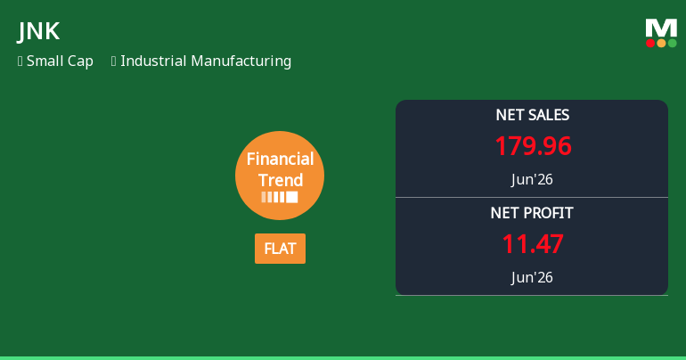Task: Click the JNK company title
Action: click(38, 31)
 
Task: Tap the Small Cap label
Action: click(60, 61)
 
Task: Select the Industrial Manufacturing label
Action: click(206, 61)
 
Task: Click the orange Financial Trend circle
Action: click(280, 176)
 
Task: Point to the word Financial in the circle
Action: click(280, 159)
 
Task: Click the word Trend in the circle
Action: click(281, 180)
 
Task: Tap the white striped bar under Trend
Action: click(280, 197)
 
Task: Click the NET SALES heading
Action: click(533, 115)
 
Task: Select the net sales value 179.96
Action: click(533, 146)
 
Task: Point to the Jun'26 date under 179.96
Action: click(532, 179)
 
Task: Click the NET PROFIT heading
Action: click(532, 213)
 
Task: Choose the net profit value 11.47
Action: click(533, 244)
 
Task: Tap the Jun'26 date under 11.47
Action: click(532, 277)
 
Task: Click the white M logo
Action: click(661, 28)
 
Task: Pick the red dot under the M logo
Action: click(650, 43)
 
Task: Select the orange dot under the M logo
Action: click(661, 43)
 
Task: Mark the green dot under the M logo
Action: click(673, 43)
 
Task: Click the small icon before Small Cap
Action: click(20, 61)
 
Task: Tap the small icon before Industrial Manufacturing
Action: click(114, 61)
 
